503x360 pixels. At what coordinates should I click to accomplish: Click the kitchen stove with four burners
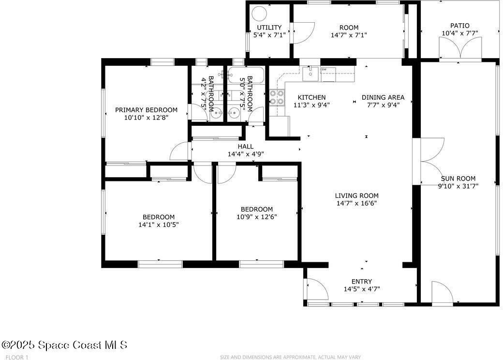coord(277,98)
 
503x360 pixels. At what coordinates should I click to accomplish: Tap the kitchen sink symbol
coord(311,74)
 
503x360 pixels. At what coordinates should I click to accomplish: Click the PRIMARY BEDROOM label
coord(146,110)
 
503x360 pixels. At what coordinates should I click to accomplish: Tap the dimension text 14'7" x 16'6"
coord(356,203)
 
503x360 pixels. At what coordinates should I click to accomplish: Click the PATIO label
coord(459,26)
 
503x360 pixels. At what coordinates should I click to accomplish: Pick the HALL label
coord(245,147)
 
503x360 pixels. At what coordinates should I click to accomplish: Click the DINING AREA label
coord(383,97)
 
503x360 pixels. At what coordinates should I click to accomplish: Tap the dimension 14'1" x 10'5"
coord(159,225)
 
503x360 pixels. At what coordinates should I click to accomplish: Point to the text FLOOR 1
coord(15,357)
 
